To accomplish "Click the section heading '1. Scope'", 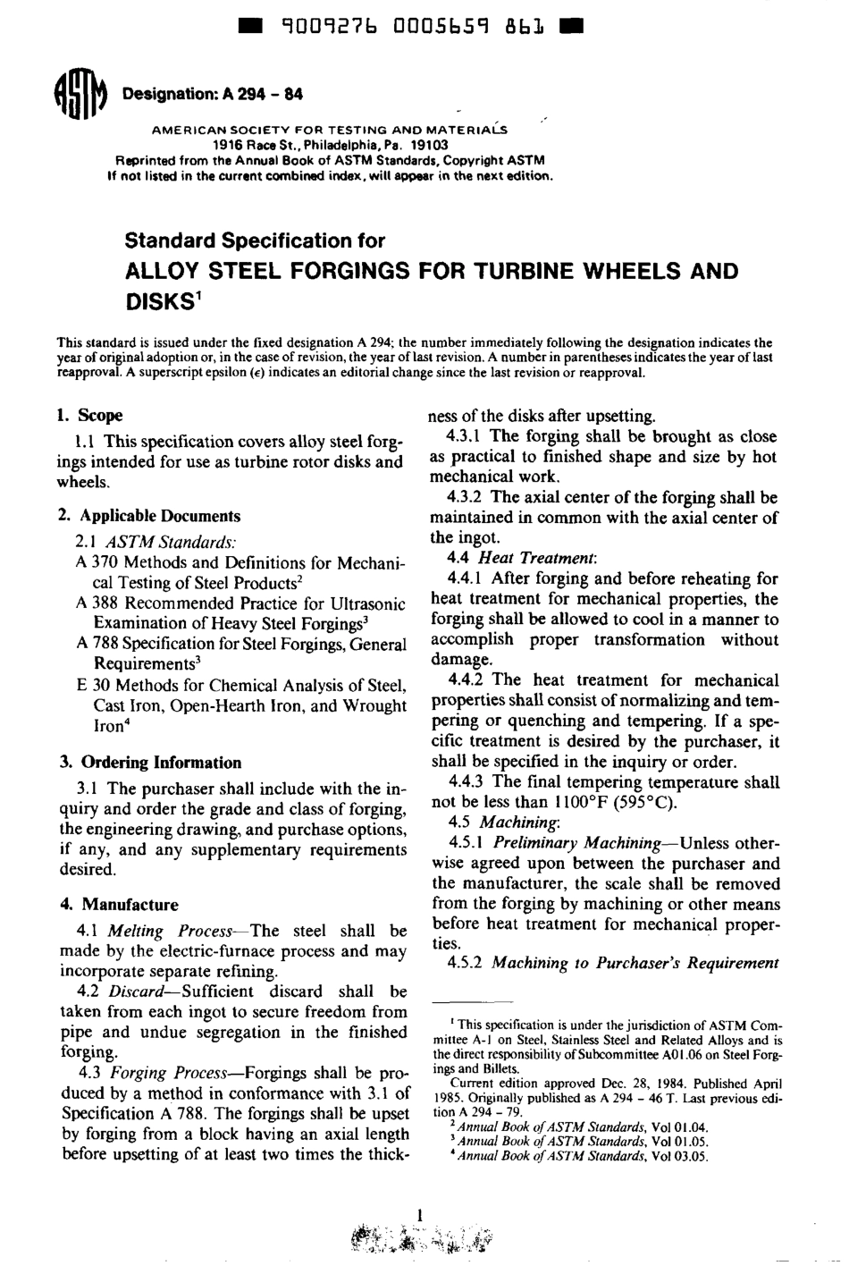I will [x=91, y=415].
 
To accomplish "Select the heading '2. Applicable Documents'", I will [x=150, y=516].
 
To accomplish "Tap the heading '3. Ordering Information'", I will [x=151, y=763].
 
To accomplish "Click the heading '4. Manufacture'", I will [x=120, y=904].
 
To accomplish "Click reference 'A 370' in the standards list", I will [x=97, y=563].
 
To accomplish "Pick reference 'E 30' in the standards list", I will [x=94, y=686].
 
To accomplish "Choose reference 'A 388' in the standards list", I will [x=97, y=603].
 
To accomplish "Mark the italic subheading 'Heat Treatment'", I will [x=537, y=558].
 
